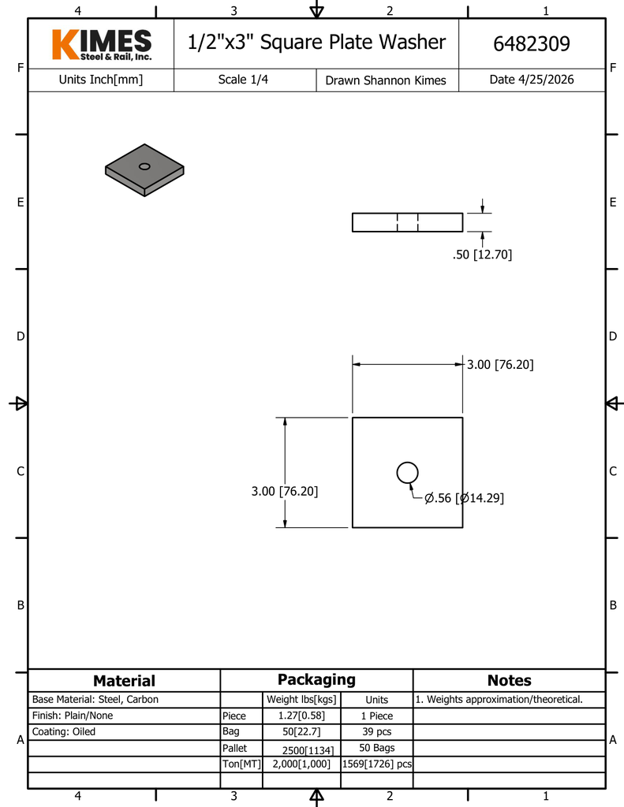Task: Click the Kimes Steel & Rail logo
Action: tap(102, 45)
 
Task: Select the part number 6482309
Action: tap(531, 44)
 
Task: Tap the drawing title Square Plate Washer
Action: tap(353, 43)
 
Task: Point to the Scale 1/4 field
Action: tap(243, 80)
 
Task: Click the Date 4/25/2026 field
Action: tap(531, 80)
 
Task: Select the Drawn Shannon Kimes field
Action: tap(386, 80)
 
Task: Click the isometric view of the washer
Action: tap(144, 170)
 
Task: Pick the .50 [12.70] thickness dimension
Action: tap(482, 255)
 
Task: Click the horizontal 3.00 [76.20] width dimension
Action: tap(500, 364)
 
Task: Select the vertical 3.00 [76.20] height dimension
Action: tap(285, 491)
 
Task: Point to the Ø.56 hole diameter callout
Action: tap(464, 498)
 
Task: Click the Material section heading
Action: tap(124, 680)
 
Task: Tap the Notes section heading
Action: tap(509, 680)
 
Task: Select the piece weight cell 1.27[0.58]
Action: tap(301, 716)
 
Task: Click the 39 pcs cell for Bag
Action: tap(376, 731)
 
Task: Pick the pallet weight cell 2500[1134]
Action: tap(308, 750)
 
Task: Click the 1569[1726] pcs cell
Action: tap(376, 764)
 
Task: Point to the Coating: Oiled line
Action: tap(63, 731)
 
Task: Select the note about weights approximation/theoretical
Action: tap(499, 700)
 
